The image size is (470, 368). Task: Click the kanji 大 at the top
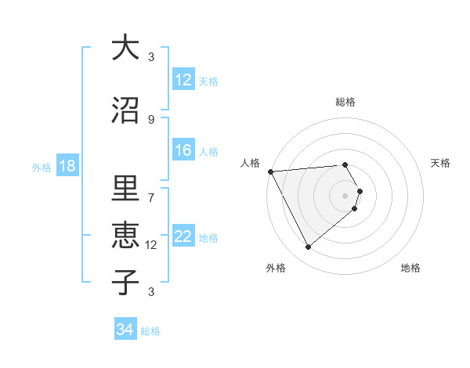tap(125, 48)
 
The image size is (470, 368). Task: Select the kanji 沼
tap(125, 110)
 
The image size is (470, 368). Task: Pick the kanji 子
tap(125, 281)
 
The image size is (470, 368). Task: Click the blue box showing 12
tap(183, 80)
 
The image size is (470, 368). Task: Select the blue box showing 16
tap(183, 151)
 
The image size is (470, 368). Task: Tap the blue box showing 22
tap(183, 237)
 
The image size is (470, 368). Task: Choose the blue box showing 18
tap(67, 166)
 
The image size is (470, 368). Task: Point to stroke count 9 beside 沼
tap(151, 119)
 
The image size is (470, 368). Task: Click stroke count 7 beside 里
tap(151, 197)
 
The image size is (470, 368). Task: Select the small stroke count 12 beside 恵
tap(152, 244)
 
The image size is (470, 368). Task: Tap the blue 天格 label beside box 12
tap(208, 81)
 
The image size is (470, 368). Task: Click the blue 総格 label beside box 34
tap(150, 331)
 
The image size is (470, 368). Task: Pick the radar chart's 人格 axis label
tap(251, 163)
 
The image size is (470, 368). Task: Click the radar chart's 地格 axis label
tap(410, 268)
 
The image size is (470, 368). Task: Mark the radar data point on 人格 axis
tap(270, 171)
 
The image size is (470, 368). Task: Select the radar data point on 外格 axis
tap(308, 247)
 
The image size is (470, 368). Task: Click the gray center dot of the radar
tap(345, 195)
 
